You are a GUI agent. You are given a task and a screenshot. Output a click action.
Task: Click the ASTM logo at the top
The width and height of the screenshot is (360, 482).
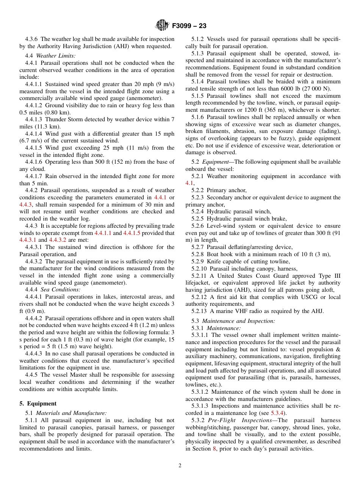162,26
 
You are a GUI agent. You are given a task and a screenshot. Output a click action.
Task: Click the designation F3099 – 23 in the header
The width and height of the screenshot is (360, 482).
189,26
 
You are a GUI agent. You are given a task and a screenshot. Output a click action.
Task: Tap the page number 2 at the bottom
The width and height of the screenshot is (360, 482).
180,466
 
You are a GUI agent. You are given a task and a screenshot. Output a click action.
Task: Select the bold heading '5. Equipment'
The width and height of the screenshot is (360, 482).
38,404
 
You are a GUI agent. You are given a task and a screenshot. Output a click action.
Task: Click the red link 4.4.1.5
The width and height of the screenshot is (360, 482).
132,233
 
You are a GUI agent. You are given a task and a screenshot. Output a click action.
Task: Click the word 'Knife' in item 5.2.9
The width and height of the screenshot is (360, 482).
214,261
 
